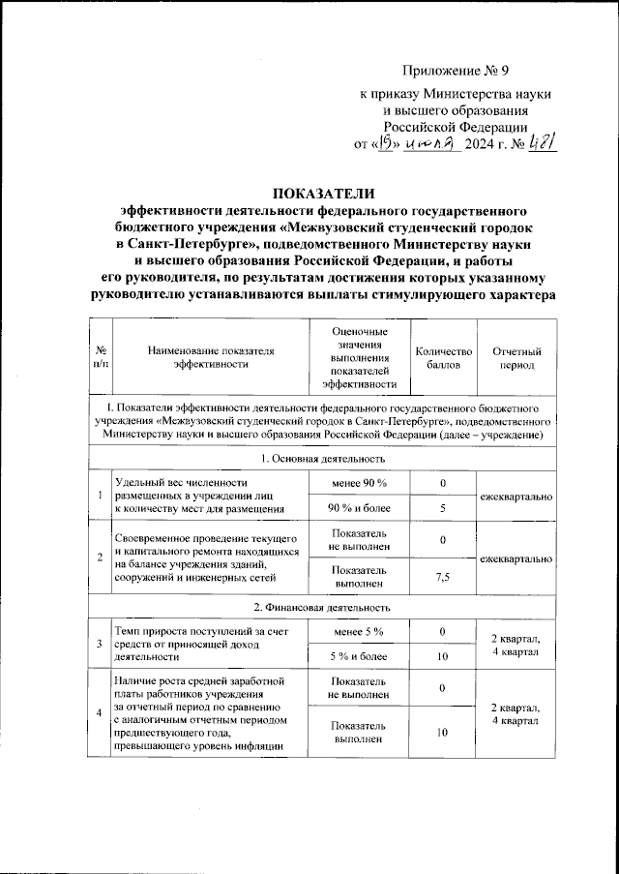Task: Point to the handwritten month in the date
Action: (x=432, y=144)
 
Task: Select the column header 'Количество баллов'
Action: (x=442, y=358)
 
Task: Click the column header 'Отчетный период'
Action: (x=516, y=358)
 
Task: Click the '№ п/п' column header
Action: (x=101, y=358)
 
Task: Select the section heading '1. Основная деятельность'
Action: (x=323, y=458)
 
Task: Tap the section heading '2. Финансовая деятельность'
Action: (x=323, y=608)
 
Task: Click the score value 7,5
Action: (x=442, y=578)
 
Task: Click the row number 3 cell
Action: (x=100, y=645)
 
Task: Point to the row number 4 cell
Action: (x=100, y=713)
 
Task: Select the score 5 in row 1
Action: (x=442, y=507)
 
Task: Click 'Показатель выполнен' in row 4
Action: (x=359, y=733)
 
